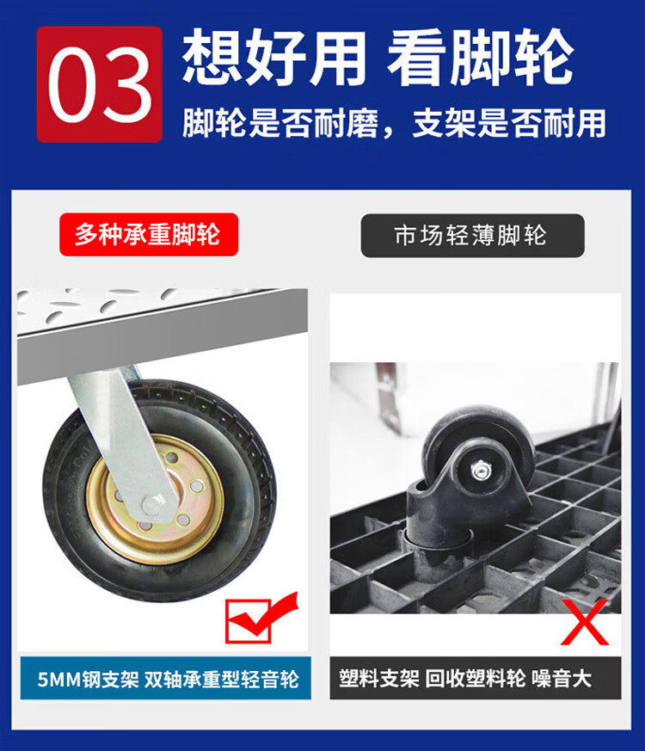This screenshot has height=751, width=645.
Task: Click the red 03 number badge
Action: (100, 84)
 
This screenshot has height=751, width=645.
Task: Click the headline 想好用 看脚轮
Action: (378, 58)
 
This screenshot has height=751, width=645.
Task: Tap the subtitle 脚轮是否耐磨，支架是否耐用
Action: (394, 123)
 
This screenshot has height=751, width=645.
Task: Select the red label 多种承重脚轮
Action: (149, 234)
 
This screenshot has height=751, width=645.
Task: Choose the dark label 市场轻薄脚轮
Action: (472, 235)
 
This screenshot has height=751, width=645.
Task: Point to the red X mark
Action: (585, 622)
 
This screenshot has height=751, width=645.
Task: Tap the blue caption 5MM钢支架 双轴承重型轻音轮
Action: (166, 678)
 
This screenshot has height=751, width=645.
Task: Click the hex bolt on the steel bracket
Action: (152, 504)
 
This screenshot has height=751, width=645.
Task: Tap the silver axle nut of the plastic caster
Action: (480, 470)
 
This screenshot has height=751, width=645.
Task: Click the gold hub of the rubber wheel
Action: (155, 498)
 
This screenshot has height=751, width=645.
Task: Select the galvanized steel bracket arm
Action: (122, 440)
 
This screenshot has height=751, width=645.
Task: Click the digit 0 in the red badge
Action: (75, 85)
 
